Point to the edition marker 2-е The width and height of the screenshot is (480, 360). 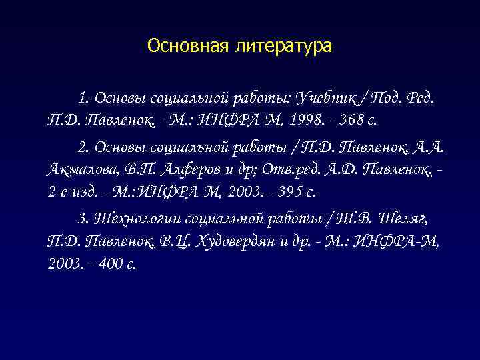59,192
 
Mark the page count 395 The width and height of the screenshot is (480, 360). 279,192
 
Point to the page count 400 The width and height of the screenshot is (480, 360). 109,263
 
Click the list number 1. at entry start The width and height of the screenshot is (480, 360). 84,99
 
